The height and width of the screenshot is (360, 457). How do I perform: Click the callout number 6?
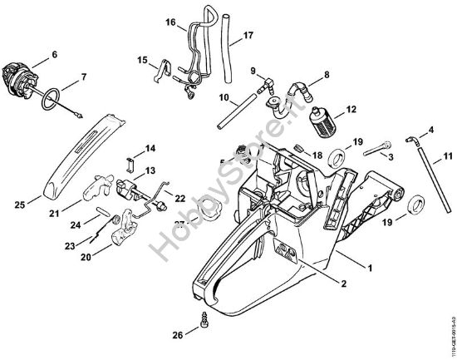54,55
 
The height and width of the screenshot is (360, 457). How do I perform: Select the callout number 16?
170,23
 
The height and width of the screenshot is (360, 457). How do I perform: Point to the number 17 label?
248,37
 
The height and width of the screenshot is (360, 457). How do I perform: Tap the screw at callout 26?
204,318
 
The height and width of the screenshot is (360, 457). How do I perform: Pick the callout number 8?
326,75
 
